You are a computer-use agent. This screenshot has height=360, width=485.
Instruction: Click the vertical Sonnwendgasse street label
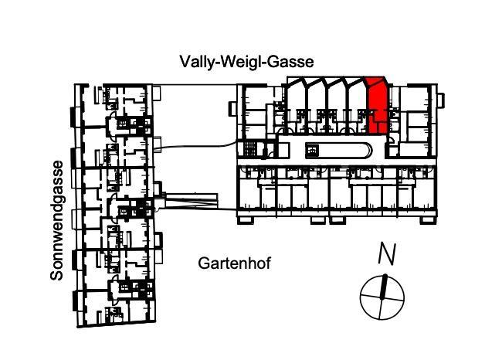(56, 220)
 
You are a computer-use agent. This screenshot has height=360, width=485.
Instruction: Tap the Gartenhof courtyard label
(235, 263)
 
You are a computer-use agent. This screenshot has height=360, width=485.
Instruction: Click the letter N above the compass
(388, 254)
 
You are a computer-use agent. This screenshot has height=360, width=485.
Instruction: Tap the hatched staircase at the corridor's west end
(249, 149)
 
